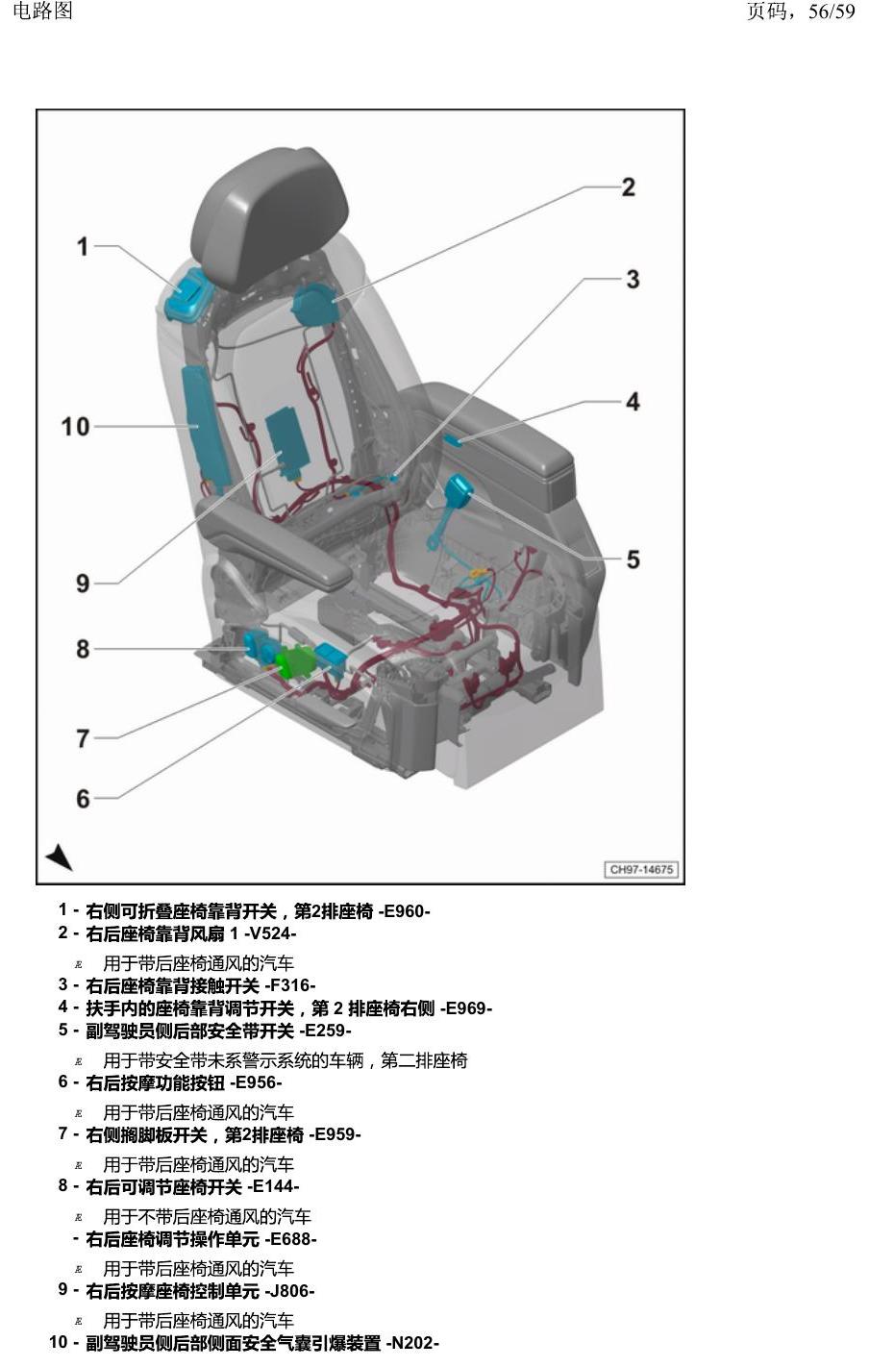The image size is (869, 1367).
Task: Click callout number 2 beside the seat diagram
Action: coord(629,186)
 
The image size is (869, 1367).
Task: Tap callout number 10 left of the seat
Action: coord(75,427)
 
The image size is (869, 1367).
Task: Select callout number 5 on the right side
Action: coord(633,559)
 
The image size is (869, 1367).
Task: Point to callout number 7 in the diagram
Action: coord(83,738)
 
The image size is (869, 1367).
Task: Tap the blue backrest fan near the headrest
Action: coord(315,305)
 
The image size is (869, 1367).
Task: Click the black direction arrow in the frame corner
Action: coord(60,857)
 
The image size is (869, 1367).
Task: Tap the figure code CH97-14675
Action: coord(641,869)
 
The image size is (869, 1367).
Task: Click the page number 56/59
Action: coord(832,12)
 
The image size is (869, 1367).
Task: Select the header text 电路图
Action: coord(42,11)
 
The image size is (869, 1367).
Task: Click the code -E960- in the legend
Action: coord(404,911)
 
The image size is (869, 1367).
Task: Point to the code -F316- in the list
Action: coord(290,985)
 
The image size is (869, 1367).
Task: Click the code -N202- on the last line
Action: coord(412,1343)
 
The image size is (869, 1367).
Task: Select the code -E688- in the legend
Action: coord(290,1239)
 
